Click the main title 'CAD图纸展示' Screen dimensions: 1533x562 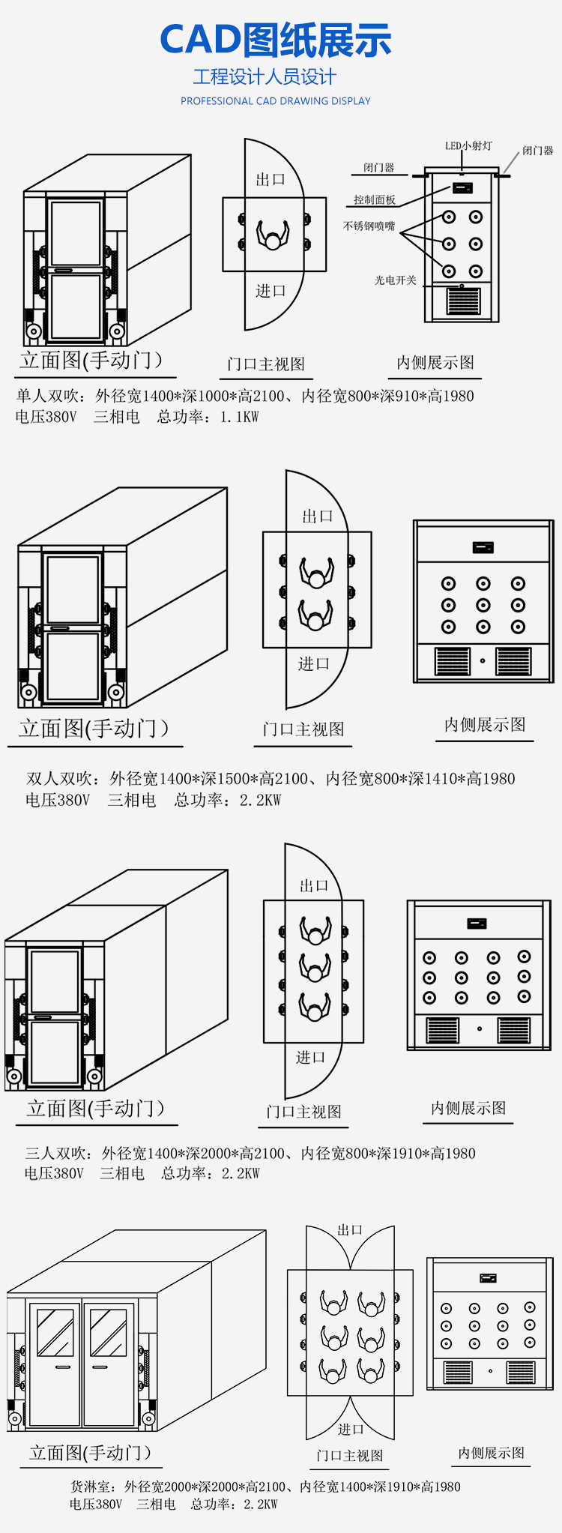click(x=276, y=40)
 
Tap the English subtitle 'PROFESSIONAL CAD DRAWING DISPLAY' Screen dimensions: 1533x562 click(x=276, y=101)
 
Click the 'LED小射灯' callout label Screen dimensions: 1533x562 click(x=468, y=146)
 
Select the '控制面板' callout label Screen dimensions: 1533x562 click(x=375, y=200)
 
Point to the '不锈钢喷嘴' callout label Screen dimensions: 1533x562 click(x=369, y=226)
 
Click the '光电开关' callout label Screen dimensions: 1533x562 click(x=395, y=280)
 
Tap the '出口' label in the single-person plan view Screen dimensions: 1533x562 click(x=271, y=180)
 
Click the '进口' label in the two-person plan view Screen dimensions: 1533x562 click(x=314, y=663)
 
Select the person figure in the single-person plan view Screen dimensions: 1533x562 click(x=273, y=235)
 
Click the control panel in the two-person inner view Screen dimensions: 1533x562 click(x=483, y=547)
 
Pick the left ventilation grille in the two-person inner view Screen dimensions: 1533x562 click(x=453, y=661)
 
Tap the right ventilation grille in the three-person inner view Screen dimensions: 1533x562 click(x=513, y=1030)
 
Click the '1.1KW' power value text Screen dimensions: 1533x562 click(x=239, y=418)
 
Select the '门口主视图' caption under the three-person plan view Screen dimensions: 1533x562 click(x=304, y=1112)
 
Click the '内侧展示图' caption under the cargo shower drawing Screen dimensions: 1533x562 click(x=492, y=1453)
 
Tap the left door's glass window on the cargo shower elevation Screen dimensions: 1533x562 click(x=55, y=1333)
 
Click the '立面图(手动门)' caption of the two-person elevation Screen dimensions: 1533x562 click(x=94, y=728)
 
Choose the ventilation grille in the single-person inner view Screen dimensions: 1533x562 click(x=462, y=301)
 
